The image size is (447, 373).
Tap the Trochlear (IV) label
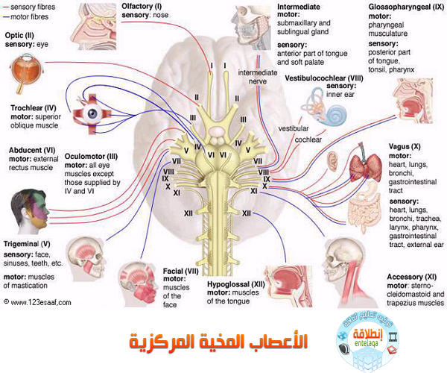[31, 107]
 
